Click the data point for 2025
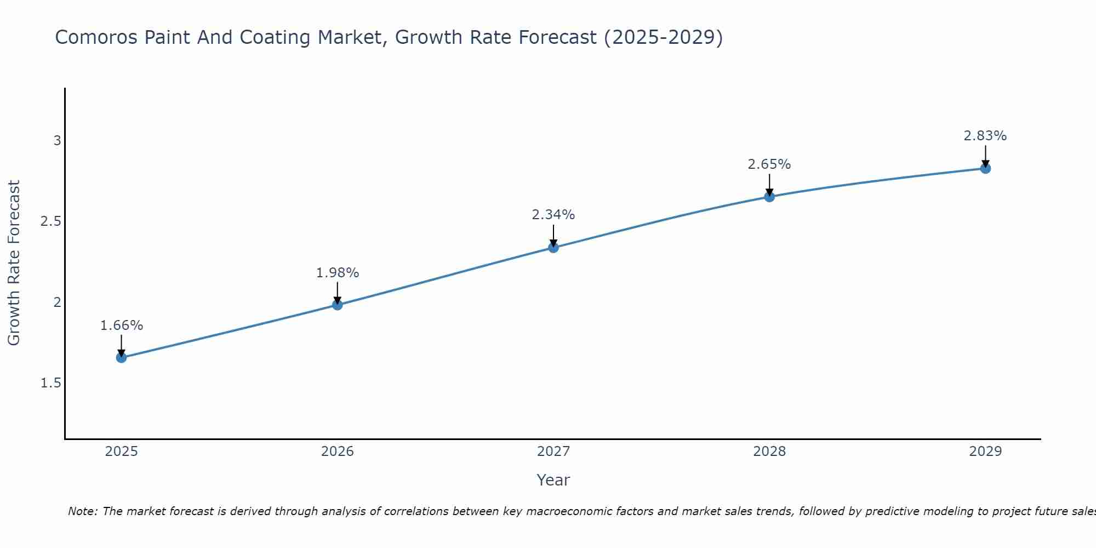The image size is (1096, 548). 121,358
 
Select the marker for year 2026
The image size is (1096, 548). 338,305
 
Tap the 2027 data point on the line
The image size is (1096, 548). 553,248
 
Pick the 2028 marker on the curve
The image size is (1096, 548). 769,197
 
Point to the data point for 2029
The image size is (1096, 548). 985,168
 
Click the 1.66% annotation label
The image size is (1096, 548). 122,326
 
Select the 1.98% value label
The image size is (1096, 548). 338,273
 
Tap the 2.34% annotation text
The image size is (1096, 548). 553,215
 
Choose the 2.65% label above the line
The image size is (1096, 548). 769,164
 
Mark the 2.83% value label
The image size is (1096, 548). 985,136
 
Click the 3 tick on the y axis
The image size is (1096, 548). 57,141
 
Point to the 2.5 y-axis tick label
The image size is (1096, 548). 51,221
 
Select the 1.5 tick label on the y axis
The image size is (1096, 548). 51,383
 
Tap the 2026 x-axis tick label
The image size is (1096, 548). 338,452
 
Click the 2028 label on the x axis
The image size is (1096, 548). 769,452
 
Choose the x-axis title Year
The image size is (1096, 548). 553,480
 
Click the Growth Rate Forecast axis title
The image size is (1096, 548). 14,263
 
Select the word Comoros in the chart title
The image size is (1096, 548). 96,37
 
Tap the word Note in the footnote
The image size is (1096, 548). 82,511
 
